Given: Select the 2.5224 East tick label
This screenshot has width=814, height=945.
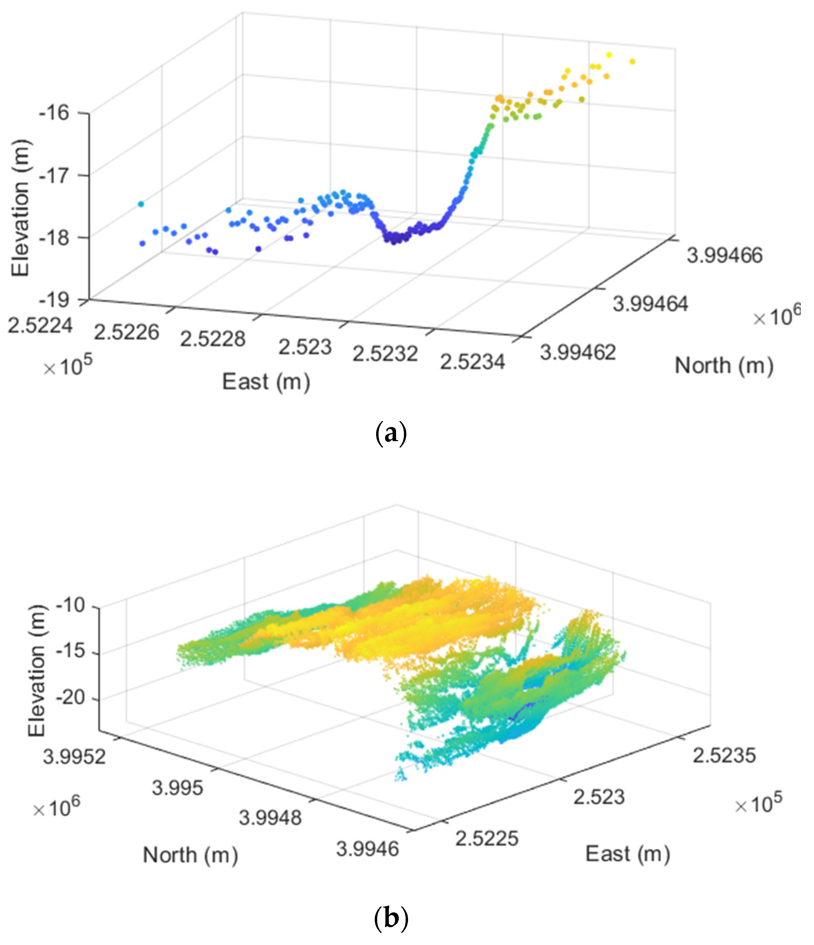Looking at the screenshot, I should click(x=40, y=326).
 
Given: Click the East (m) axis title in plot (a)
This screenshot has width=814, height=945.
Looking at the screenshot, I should click(x=266, y=382).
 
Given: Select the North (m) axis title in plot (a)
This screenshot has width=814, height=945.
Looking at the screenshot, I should click(x=724, y=366).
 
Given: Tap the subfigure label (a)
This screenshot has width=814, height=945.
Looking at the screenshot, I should click(x=390, y=434).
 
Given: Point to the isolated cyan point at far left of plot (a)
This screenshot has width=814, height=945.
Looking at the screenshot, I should click(x=141, y=204).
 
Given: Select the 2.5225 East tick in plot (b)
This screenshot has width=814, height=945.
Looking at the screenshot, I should click(x=487, y=838).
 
